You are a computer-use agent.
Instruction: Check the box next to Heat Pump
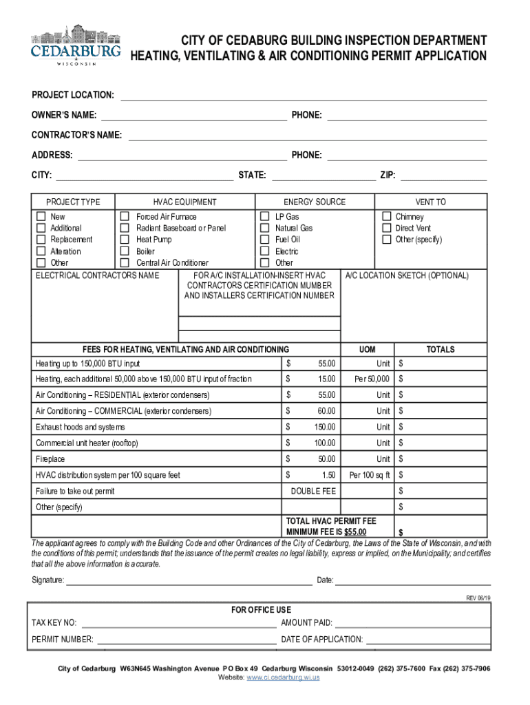point(125,240)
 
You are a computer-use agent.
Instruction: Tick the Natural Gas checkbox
point(264,228)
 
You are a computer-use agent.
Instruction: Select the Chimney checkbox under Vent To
point(387,217)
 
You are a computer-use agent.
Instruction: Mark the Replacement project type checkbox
point(41,240)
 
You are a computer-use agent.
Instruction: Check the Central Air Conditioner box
point(125,263)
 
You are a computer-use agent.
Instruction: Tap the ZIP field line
point(443,176)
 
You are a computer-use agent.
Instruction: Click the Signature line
point(189,580)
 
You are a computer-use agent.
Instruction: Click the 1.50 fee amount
point(328,475)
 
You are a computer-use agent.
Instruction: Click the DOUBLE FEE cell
point(313,492)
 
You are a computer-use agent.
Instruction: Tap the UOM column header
point(367,350)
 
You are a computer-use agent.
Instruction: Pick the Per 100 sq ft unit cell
point(370,475)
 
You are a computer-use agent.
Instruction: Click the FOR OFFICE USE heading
point(261,610)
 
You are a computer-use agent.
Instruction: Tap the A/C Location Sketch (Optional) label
point(406,276)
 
